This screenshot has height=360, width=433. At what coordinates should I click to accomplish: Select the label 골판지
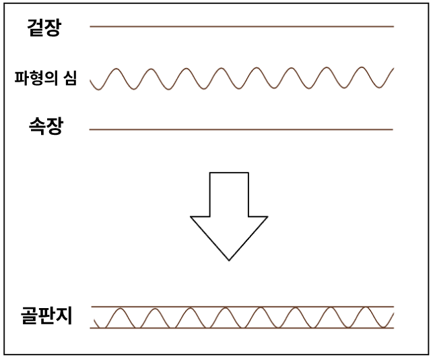(x=46, y=316)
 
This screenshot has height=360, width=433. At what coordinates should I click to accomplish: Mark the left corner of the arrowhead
(x=191, y=217)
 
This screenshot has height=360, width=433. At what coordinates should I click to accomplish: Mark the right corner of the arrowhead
(x=268, y=217)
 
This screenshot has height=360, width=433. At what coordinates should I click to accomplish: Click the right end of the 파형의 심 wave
(x=393, y=69)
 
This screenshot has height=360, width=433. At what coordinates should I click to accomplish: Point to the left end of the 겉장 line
(x=90, y=26)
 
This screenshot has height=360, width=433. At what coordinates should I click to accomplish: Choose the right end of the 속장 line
(x=393, y=129)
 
